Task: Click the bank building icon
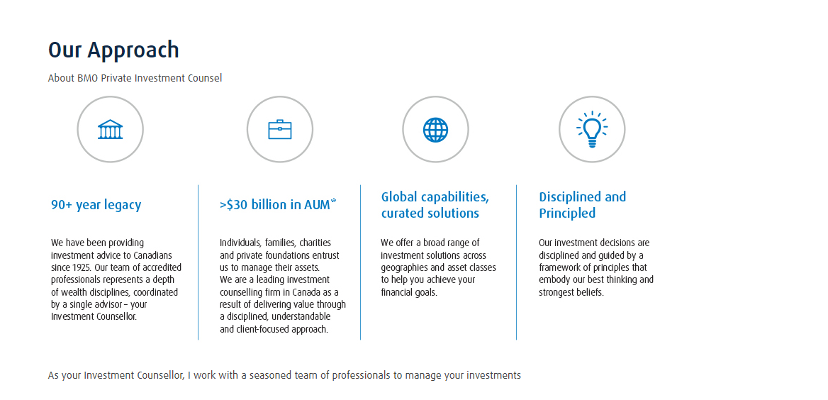(x=111, y=130)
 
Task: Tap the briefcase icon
(x=280, y=130)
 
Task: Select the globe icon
(x=436, y=130)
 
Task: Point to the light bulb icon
(x=592, y=130)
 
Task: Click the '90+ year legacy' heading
(x=96, y=205)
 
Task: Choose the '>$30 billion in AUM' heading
(x=274, y=204)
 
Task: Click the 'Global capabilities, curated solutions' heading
(x=435, y=205)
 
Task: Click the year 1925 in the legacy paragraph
(x=82, y=267)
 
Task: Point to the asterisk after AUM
(x=333, y=201)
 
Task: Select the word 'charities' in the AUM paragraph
(x=315, y=243)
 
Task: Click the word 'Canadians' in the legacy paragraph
(x=152, y=255)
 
